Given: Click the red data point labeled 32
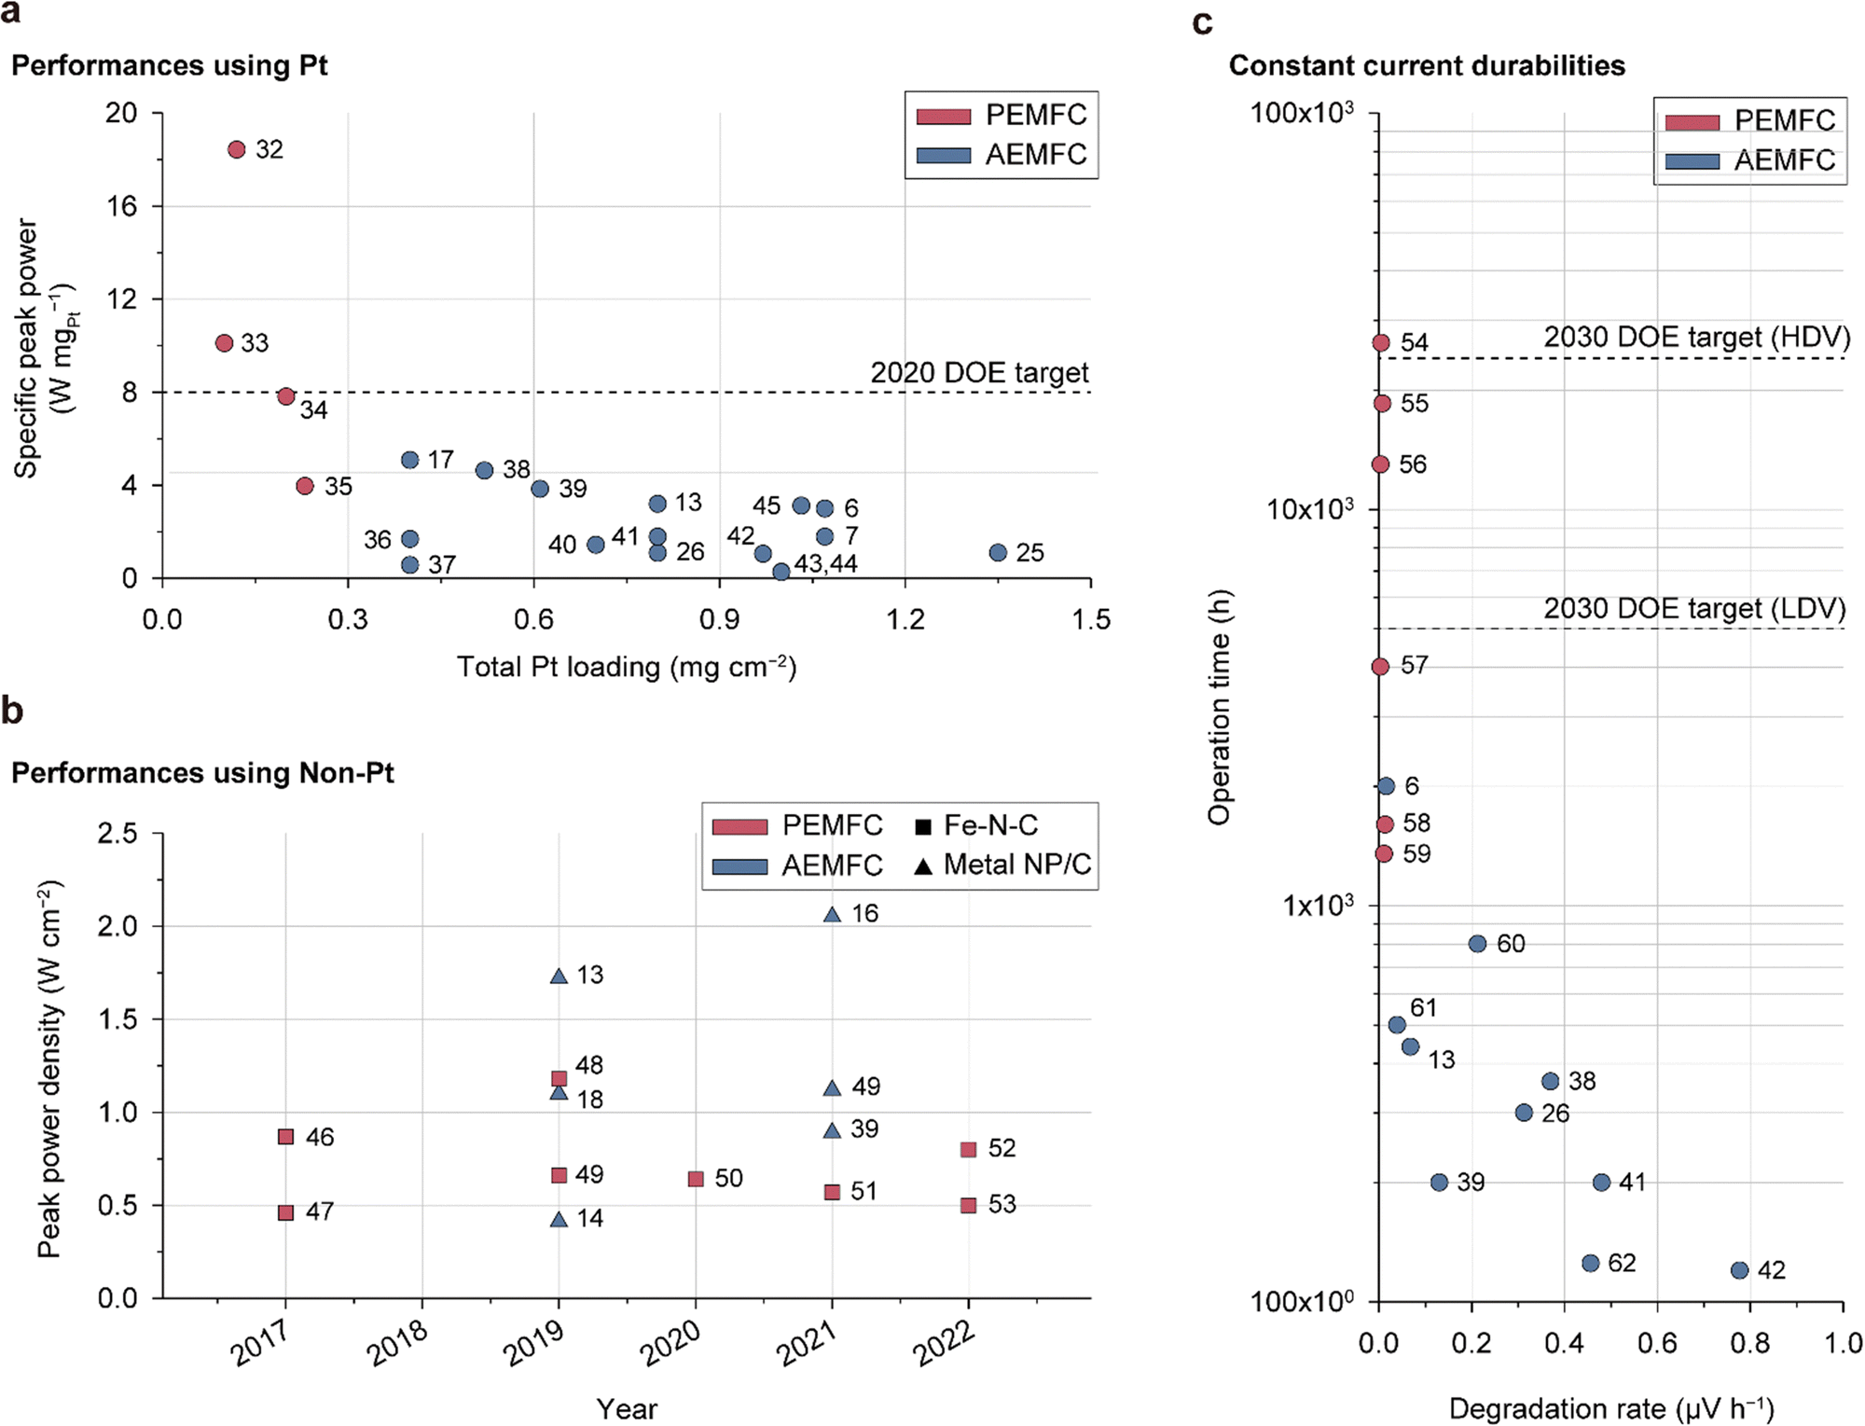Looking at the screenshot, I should pos(237,149).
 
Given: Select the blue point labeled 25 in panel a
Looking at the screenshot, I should pos(998,552).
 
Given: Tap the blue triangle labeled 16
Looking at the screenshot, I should pos(833,914).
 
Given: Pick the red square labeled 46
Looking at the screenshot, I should pos(286,1137).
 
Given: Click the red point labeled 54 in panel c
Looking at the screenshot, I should pos(1381,343).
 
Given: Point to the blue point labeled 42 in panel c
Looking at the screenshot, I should pos(1739,1270).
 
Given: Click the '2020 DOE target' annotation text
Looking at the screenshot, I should pos(979,373).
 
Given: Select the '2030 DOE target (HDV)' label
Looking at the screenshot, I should pos(1696,337).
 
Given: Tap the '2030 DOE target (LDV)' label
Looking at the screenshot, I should pos(1694,608).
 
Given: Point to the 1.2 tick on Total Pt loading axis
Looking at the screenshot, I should pos(905,619).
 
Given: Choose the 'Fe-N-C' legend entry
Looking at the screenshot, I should pos(989,825).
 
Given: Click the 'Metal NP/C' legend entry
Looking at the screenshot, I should pos(1016,865).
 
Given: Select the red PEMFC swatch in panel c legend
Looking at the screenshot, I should pos(1692,122).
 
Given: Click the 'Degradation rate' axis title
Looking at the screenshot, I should pos(1610,1408).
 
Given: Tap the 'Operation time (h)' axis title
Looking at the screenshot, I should pos(1219,707).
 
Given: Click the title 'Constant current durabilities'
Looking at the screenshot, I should pos(1426,65).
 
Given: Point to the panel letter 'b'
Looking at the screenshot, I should pos(12,711).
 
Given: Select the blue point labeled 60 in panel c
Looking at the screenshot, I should pos(1477,944).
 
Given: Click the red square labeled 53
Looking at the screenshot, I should pos(969,1205).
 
